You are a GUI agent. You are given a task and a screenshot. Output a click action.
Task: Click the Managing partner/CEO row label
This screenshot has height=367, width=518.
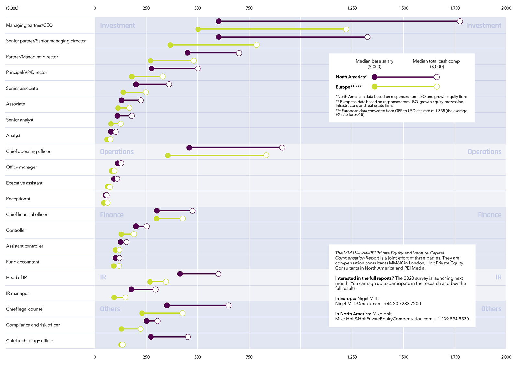pyautogui.click(x=29, y=25)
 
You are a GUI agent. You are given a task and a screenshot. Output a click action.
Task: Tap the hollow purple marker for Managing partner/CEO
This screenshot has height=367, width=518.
pyautogui.click(x=460, y=21)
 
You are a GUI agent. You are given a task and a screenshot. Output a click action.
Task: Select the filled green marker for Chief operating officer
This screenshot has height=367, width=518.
pyautogui.click(x=168, y=156)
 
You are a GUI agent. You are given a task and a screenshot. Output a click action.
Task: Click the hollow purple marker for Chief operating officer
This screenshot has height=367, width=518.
pyautogui.click(x=282, y=148)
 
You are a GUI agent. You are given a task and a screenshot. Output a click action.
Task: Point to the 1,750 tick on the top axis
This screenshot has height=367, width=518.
pyautogui.click(x=455, y=8)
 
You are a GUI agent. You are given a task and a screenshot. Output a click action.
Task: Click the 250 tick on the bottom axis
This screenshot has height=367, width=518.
pyautogui.click(x=146, y=357)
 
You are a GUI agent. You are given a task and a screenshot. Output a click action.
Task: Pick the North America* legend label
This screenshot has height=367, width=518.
pyautogui.click(x=351, y=77)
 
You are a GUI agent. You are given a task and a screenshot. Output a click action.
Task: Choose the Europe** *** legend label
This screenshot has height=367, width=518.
pyautogui.click(x=348, y=87)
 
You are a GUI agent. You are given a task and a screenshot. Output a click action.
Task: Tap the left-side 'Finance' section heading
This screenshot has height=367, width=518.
pyautogui.click(x=112, y=215)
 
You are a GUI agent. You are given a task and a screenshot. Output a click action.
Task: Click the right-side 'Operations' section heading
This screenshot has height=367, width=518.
pyautogui.click(x=484, y=152)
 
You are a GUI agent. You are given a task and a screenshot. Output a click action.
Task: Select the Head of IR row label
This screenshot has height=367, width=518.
pyautogui.click(x=17, y=278)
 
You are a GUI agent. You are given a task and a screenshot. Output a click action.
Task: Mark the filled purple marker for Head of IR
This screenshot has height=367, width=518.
pyautogui.click(x=180, y=274)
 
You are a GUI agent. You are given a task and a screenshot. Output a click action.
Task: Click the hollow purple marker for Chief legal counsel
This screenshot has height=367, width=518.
pyautogui.click(x=229, y=305)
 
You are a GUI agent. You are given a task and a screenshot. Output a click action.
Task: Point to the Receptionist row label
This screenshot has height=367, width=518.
pyautogui.click(x=18, y=199)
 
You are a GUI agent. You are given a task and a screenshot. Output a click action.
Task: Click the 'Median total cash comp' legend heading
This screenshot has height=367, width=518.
pyautogui.click(x=436, y=61)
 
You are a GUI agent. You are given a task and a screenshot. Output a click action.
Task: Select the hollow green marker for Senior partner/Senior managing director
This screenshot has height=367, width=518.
pyautogui.click(x=256, y=45)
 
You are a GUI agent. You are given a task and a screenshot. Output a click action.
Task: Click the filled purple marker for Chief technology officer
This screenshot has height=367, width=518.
pyautogui.click(x=151, y=337)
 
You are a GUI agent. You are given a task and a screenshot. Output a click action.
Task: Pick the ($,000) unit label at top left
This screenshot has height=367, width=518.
pyautogui.click(x=12, y=8)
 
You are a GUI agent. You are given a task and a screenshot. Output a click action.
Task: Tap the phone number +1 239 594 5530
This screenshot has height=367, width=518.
pyautogui.click(x=452, y=319)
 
